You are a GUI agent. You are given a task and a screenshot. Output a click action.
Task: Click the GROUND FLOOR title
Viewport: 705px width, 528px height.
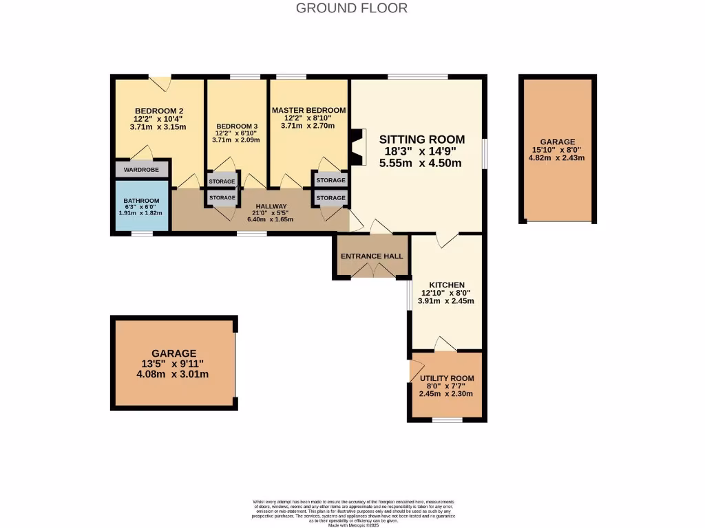[352, 8]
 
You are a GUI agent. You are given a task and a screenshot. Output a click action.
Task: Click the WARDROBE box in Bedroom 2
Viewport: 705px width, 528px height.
[141, 169]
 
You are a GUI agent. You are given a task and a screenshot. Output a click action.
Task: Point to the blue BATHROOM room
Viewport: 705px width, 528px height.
[141, 206]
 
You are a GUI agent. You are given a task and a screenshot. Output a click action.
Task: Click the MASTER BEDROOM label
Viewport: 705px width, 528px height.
[308, 110]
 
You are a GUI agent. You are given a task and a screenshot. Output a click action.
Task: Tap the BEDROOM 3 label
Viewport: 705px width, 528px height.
[237, 126]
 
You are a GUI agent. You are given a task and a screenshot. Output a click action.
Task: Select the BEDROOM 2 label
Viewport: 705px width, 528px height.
[159, 111]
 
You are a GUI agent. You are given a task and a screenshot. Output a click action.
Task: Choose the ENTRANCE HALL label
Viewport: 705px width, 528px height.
[371, 256]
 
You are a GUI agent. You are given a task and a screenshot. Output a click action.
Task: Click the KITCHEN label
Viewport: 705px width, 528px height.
[447, 285]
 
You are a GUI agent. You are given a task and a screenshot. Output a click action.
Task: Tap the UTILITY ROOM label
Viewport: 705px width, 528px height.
[447, 378]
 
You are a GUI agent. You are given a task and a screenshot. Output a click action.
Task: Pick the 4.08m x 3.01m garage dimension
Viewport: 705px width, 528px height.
[173, 375]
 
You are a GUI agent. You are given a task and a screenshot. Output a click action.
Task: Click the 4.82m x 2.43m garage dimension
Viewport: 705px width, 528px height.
[557, 157]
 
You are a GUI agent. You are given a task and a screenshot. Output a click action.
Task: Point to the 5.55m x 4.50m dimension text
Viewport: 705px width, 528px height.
[421, 164]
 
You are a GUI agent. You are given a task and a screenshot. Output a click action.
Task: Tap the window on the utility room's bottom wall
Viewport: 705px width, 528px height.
[447, 419]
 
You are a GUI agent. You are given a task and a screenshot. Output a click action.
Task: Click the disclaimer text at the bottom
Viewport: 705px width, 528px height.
[352, 513]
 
